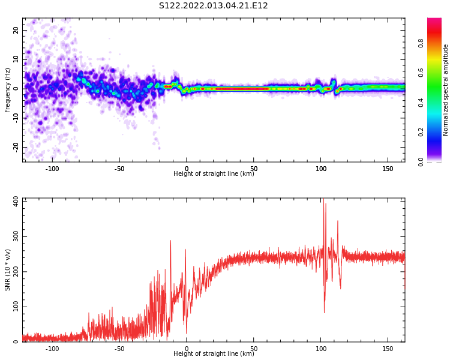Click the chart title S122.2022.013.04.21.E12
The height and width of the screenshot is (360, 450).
click(x=213, y=6)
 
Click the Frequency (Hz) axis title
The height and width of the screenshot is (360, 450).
click(x=8, y=90)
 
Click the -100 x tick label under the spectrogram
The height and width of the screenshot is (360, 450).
click(x=52, y=169)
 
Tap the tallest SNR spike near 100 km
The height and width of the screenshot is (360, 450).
click(x=326, y=204)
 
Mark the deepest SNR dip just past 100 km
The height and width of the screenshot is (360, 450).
click(x=324, y=312)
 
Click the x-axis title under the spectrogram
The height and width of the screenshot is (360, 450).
click(x=214, y=174)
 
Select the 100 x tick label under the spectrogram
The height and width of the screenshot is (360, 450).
click(x=320, y=169)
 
